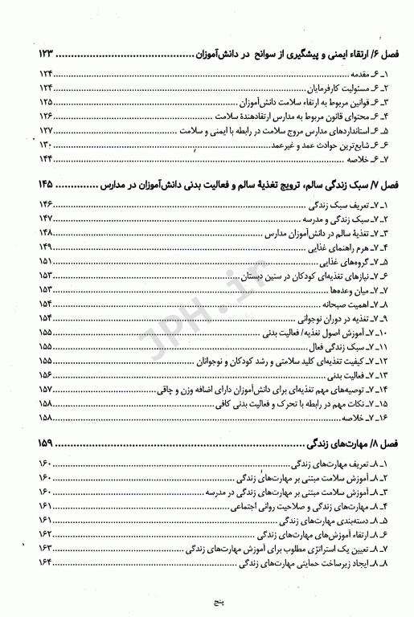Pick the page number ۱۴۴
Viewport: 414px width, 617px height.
[x=45, y=159]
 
